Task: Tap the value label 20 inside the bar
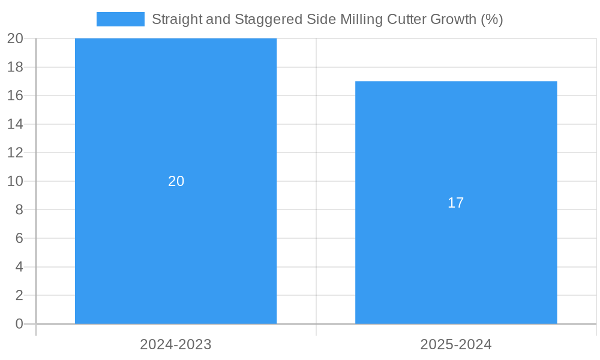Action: (x=176, y=181)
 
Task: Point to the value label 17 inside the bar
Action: (x=456, y=203)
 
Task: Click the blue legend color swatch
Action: (x=120, y=19)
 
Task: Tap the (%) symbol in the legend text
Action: (x=491, y=19)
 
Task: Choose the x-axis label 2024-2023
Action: (x=176, y=344)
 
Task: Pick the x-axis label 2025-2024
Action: (x=456, y=344)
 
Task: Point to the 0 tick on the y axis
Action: (x=19, y=324)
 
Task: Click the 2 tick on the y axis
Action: (x=19, y=295)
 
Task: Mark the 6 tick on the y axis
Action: (x=19, y=238)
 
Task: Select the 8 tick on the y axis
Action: (x=19, y=209)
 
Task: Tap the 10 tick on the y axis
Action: (x=16, y=181)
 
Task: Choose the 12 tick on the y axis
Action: (x=16, y=152)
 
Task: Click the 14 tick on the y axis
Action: (x=16, y=124)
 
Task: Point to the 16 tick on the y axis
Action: (x=16, y=95)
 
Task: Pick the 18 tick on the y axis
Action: (x=16, y=67)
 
